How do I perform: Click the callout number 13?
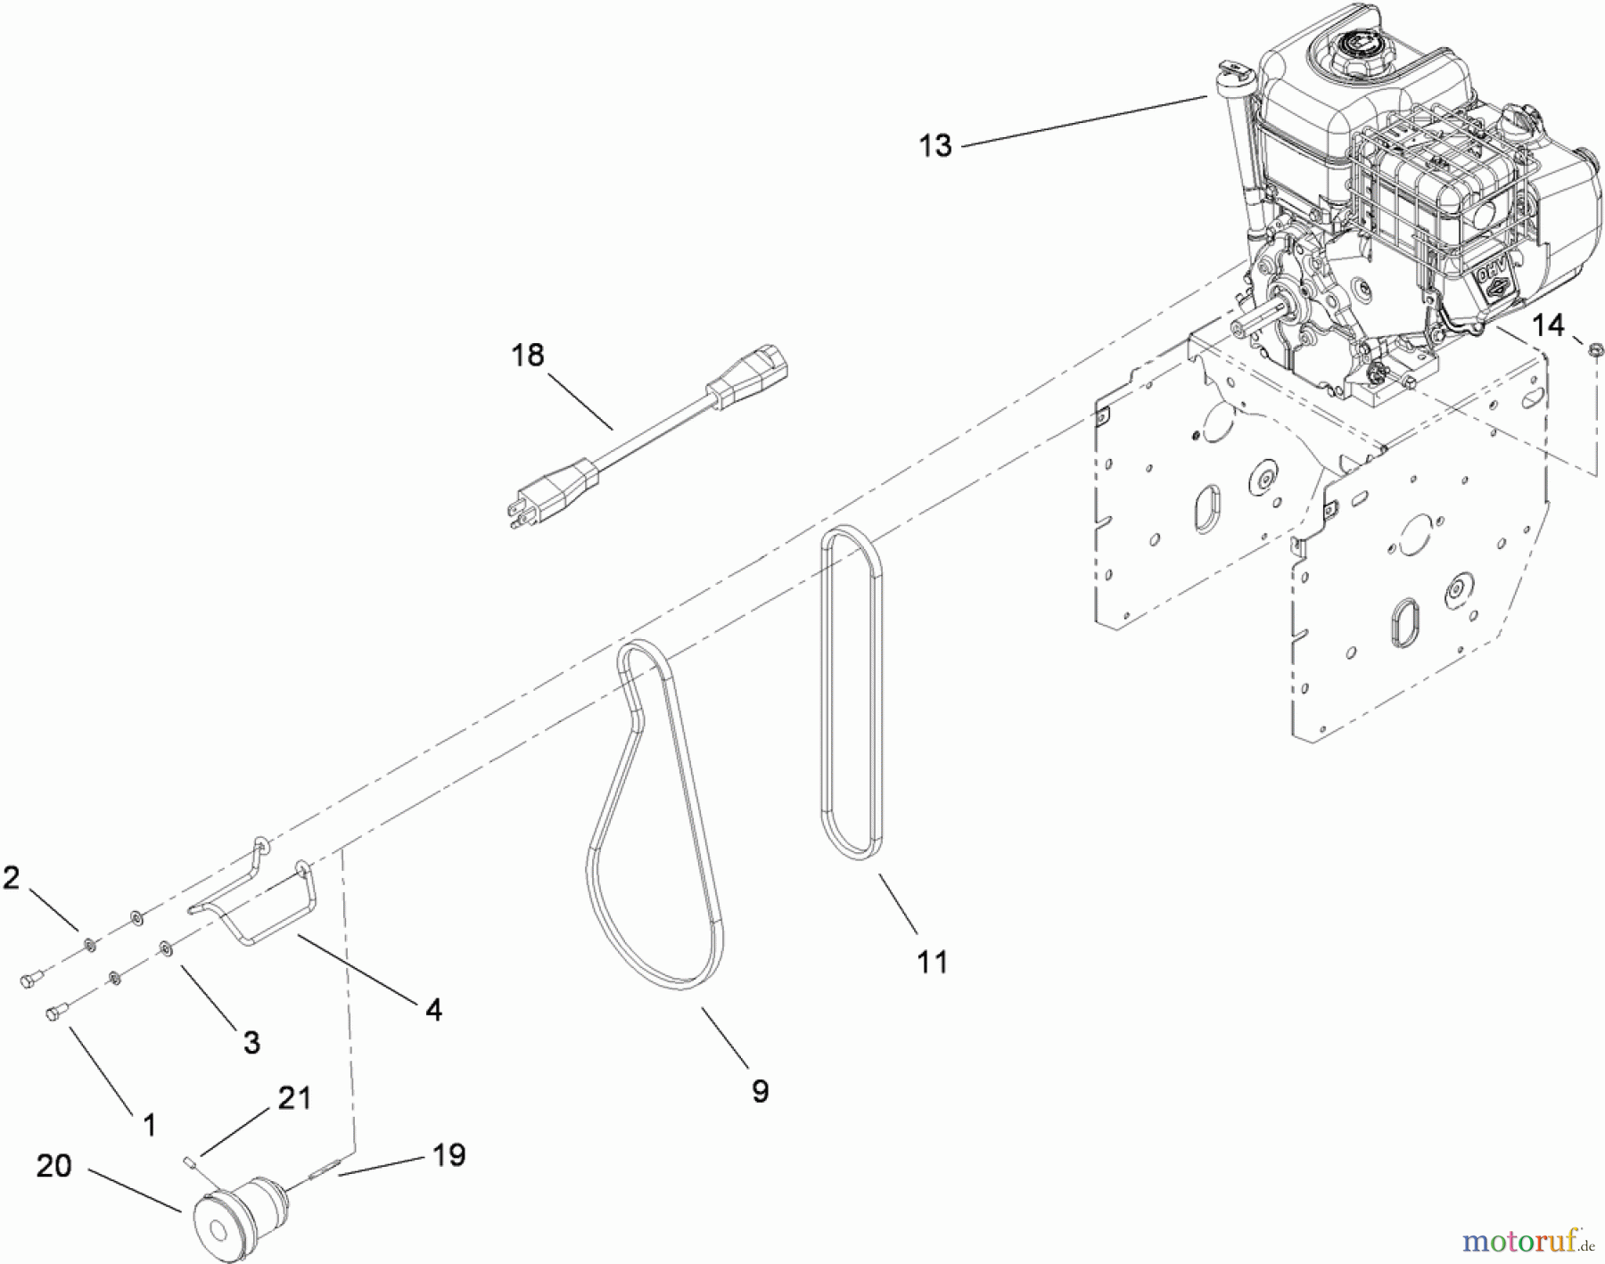pyautogui.click(x=935, y=145)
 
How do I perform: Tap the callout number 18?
pyautogui.click(x=527, y=356)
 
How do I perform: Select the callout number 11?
pyautogui.click(x=932, y=962)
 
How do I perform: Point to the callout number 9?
pyautogui.click(x=760, y=1091)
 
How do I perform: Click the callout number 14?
pyautogui.click(x=1549, y=325)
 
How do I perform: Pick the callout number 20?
pyautogui.click(x=53, y=1165)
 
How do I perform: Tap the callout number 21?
pyautogui.click(x=294, y=1098)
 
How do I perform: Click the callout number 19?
pyautogui.click(x=449, y=1155)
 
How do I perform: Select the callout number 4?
pyautogui.click(x=433, y=1010)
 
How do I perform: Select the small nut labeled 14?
pyautogui.click(x=1590, y=349)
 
